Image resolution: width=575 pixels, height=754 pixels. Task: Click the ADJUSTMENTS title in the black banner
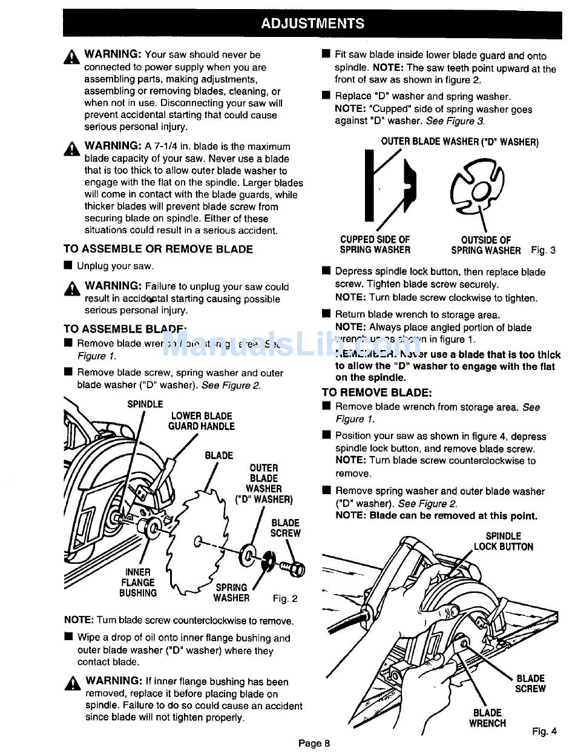tap(312, 24)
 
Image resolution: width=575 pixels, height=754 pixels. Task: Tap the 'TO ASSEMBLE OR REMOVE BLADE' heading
tap(158, 249)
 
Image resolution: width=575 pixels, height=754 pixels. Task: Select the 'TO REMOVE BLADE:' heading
tap(376, 392)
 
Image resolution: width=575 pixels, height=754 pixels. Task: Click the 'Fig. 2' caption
tap(285, 599)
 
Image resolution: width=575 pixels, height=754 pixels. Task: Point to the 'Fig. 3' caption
tap(543, 250)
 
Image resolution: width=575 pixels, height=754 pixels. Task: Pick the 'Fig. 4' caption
tap(544, 731)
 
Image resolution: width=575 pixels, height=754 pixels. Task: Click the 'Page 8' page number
tap(314, 743)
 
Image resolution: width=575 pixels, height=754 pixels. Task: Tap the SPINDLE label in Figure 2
tap(145, 404)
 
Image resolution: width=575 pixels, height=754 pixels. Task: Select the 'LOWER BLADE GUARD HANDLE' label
tap(201, 421)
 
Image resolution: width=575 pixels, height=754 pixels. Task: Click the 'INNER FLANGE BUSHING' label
tap(138, 583)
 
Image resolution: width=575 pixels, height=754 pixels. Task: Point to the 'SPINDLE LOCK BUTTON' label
tap(503, 541)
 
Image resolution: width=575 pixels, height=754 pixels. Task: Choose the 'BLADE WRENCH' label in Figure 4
tap(487, 718)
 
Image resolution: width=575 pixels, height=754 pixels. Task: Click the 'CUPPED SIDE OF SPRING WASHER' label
tap(375, 245)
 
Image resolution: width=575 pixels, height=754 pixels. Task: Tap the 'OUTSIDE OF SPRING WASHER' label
tap(485, 245)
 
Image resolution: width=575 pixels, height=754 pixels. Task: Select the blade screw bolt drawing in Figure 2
tap(292, 567)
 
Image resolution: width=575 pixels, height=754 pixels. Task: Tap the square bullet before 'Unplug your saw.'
tap(68, 265)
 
